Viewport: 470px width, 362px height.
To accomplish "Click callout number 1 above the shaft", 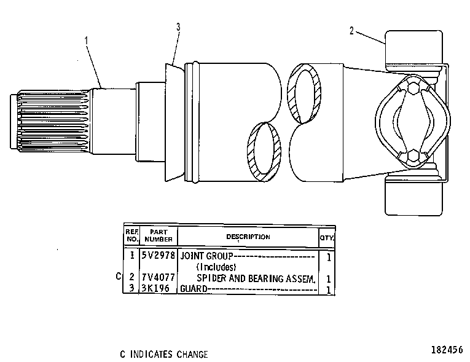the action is (87, 40).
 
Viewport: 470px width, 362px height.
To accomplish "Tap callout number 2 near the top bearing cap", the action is (351, 31).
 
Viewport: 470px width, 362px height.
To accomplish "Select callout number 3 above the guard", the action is (178, 27).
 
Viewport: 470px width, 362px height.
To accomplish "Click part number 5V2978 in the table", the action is (158, 255).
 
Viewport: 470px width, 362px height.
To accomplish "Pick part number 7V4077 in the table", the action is (158, 277).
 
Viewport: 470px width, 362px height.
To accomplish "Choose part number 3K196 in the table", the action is (155, 288).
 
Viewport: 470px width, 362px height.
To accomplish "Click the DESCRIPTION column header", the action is (248, 237).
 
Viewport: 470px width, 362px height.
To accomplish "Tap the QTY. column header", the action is (326, 238).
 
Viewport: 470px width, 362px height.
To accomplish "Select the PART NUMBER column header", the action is (159, 236).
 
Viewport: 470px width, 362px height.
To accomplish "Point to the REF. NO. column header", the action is (132, 236).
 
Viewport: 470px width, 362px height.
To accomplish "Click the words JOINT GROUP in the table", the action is (206, 256).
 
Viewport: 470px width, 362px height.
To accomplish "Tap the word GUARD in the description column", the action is (194, 288).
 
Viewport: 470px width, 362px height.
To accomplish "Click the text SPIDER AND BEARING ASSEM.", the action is (256, 278).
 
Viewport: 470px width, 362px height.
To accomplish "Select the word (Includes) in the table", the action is (216, 267).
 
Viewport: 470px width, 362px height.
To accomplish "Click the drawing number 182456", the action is (447, 350).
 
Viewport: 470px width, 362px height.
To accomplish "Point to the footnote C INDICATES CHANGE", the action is (164, 354).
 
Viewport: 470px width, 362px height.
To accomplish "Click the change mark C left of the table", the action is (119, 276).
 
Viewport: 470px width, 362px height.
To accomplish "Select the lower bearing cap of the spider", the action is (413, 196).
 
